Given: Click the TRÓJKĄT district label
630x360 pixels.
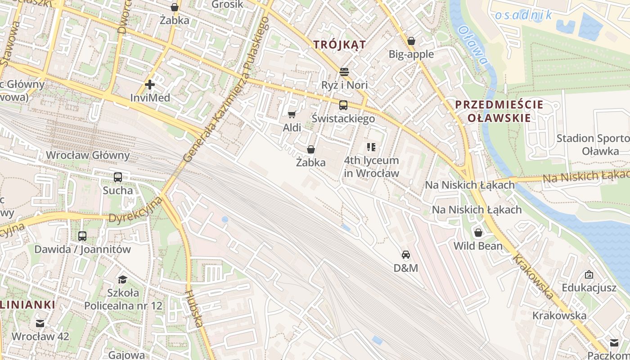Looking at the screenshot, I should coord(339,45).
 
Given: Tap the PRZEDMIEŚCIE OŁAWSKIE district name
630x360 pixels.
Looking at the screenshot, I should coord(499,111).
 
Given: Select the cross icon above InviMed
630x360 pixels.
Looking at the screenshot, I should coord(150,84).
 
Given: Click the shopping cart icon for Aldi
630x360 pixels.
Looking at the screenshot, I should coord(292,114).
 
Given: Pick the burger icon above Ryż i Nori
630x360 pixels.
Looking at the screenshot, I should coord(344,72).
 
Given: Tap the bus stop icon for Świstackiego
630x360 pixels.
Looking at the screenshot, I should coord(343,105).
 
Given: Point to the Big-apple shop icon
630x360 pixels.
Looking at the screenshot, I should coord(411,41).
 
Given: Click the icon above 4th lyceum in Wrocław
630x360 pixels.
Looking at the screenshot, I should coord(371,147).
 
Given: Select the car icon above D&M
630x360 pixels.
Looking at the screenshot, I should coord(406,255).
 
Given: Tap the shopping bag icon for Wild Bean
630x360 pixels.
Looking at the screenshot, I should coord(478,233).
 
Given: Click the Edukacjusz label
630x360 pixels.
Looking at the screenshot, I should coord(589,288).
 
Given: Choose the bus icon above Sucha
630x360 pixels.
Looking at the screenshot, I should coord(118,177).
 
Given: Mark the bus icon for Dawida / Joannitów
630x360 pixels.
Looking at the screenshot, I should coord(82,236).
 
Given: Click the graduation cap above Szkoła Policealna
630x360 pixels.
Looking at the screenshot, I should coord(122,279).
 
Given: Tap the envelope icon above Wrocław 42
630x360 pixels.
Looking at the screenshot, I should coord(40,323).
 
